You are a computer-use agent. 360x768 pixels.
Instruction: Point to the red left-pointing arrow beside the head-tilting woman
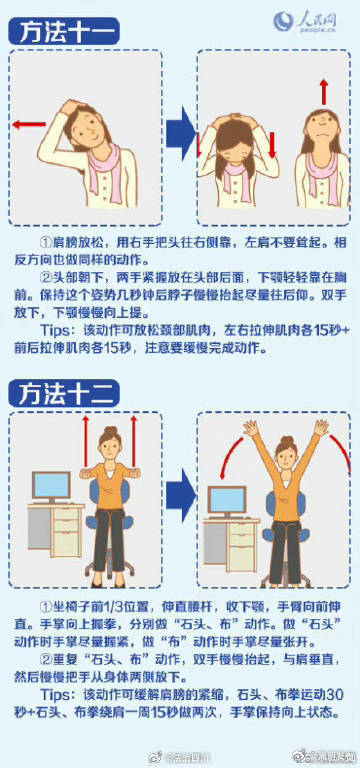click(30, 124)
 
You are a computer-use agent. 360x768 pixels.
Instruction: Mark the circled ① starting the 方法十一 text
click(45, 243)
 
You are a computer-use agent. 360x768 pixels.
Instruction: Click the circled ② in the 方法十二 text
click(45, 661)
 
